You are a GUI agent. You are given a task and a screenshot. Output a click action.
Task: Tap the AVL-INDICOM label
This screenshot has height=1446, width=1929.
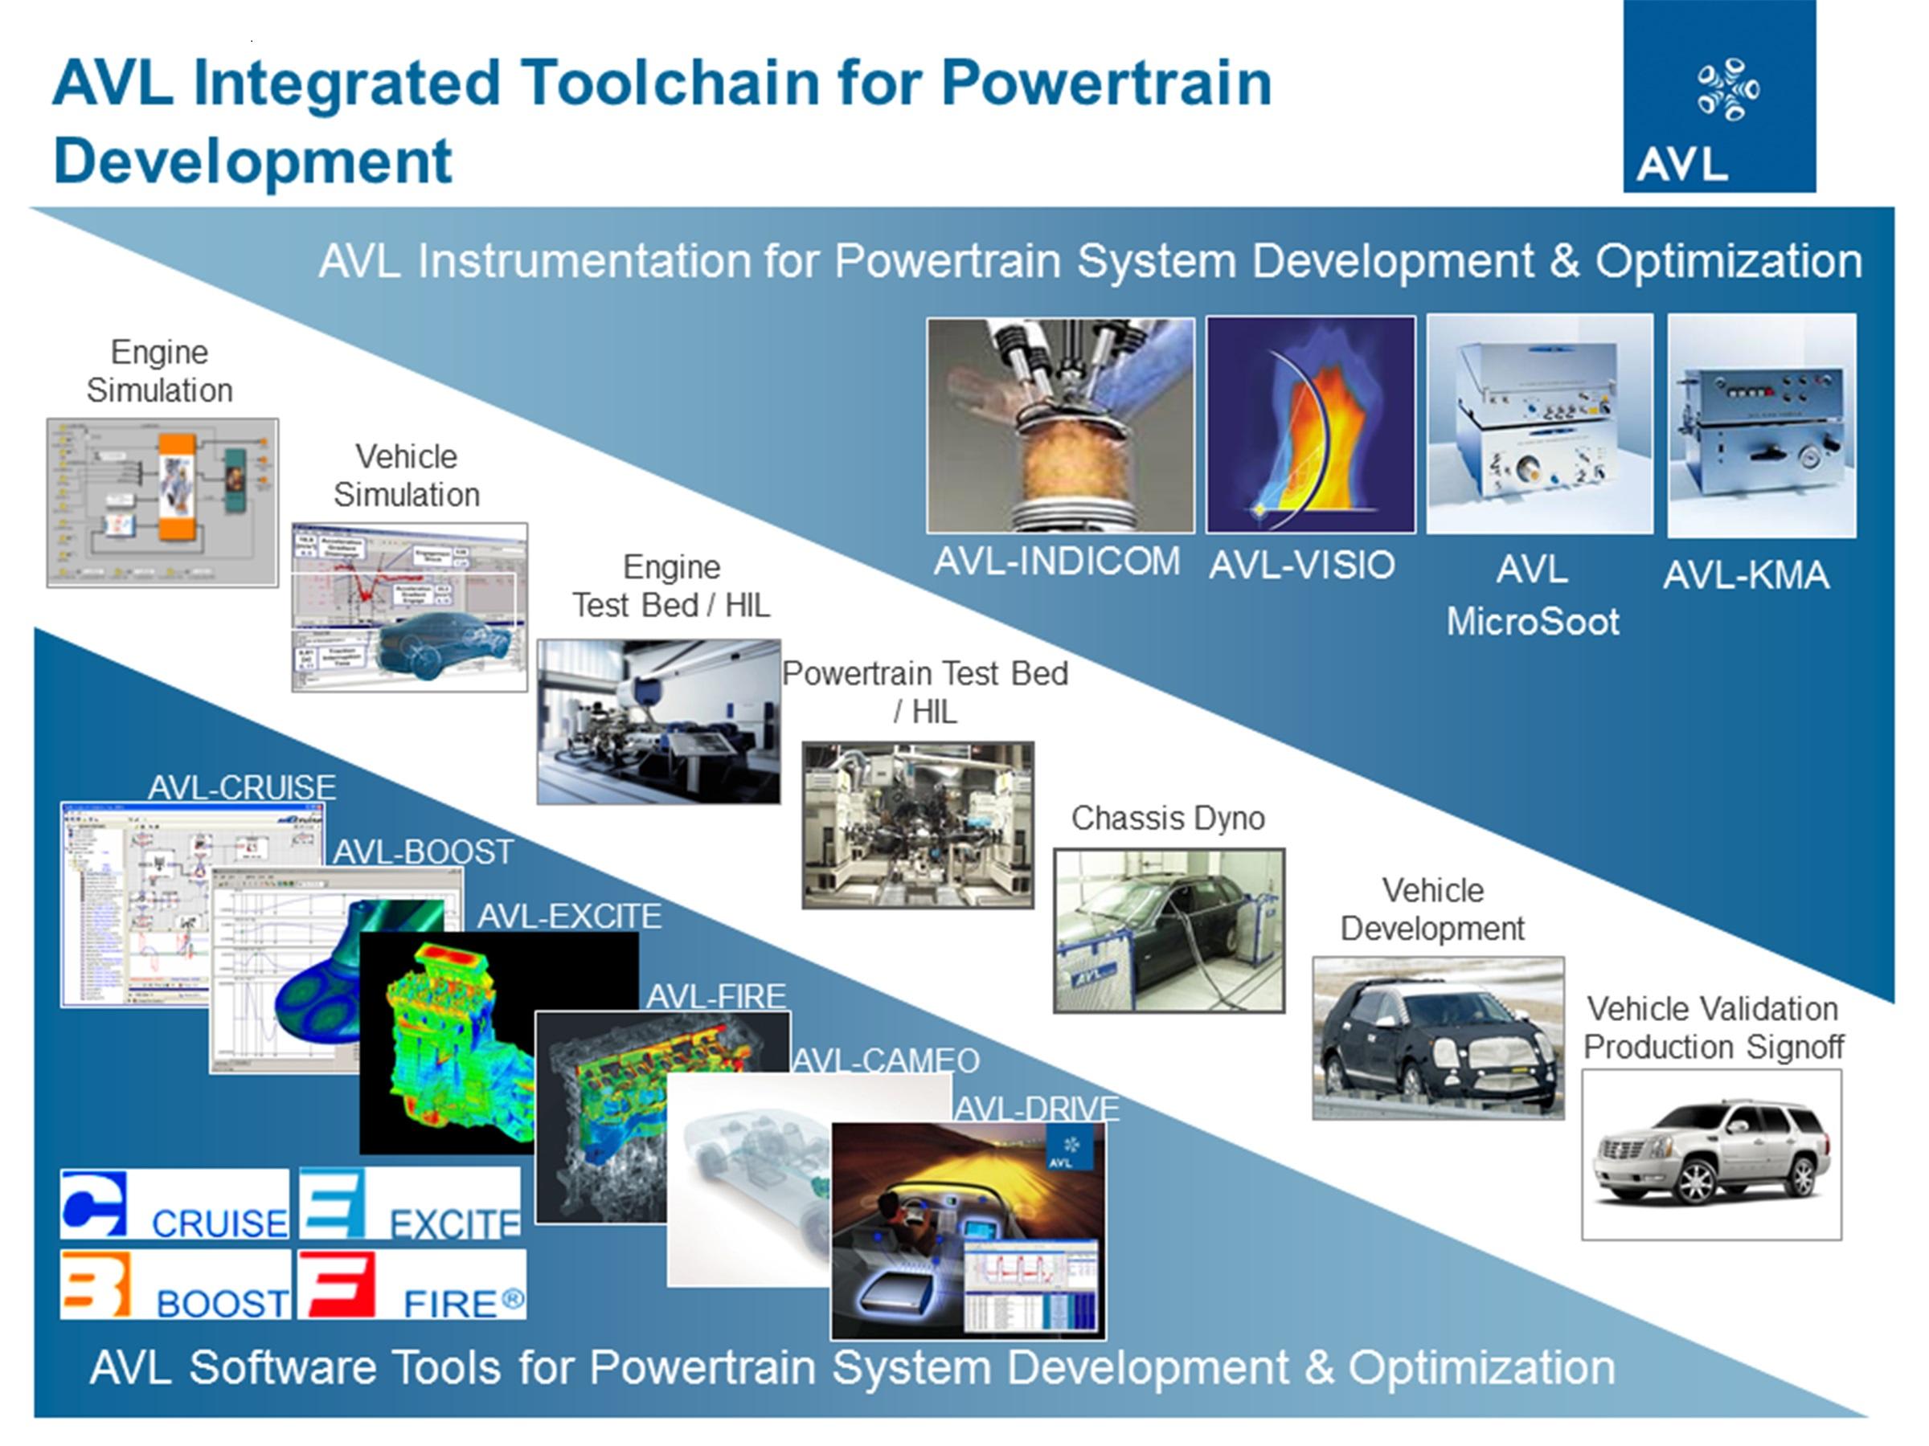click(x=1056, y=562)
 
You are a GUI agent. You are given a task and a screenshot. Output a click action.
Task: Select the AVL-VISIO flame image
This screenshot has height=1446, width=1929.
click(x=1310, y=424)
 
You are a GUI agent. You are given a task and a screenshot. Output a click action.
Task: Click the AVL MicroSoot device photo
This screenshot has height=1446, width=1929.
click(x=1539, y=424)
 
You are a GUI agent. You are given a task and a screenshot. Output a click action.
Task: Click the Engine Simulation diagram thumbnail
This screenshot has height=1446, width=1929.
click(x=162, y=503)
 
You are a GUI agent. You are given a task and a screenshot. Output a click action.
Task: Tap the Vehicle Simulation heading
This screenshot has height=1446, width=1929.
click(x=407, y=476)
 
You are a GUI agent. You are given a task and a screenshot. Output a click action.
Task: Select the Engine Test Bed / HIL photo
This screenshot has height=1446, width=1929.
click(x=658, y=721)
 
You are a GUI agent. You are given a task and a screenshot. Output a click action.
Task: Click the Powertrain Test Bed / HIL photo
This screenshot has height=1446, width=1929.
click(x=917, y=824)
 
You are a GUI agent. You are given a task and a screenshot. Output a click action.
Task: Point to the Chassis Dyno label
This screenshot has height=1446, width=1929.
click(x=1168, y=819)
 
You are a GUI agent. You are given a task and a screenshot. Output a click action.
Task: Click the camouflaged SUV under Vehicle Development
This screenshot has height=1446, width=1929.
click(x=1437, y=1039)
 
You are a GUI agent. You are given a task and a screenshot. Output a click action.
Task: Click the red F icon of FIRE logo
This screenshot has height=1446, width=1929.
click(x=337, y=1285)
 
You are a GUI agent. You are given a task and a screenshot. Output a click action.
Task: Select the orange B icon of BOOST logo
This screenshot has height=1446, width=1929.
click(x=96, y=1285)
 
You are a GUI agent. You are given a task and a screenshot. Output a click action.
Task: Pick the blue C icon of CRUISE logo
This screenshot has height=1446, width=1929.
click(x=94, y=1204)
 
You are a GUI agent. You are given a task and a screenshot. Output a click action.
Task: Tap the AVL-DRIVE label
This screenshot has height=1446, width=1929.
click(x=1036, y=1109)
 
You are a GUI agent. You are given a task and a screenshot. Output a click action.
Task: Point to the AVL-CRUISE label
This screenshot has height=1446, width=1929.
click(x=242, y=788)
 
